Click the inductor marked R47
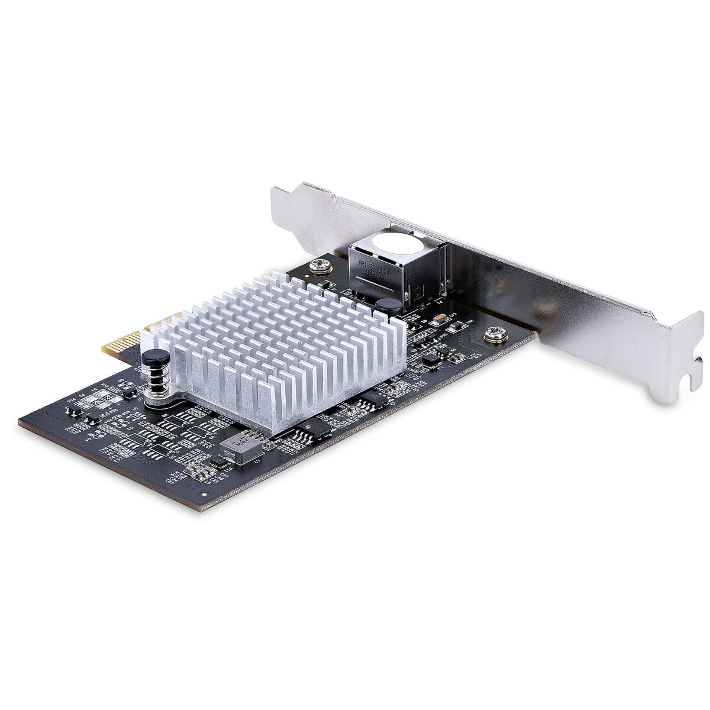[x=241, y=448]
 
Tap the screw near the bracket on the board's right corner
[x=496, y=336]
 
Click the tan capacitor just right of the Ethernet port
[x=438, y=320]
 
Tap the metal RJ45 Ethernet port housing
[x=396, y=266]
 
